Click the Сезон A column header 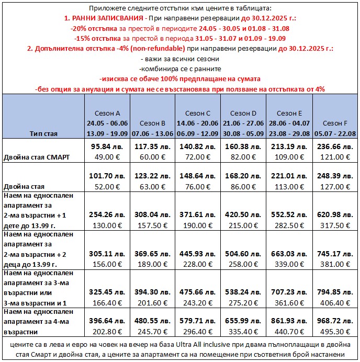pyautogui.click(x=107, y=113)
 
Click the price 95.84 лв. pyautogui.click(x=107, y=147)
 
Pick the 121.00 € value pyautogui.click(x=335, y=157)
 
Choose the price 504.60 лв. pyautogui.click(x=244, y=254)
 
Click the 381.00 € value pyautogui.click(x=335, y=264)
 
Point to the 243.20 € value pyautogui.click(x=198, y=302)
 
